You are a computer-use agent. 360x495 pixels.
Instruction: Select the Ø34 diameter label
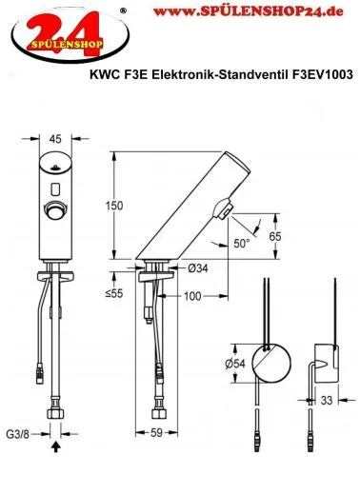coord(197,268)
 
